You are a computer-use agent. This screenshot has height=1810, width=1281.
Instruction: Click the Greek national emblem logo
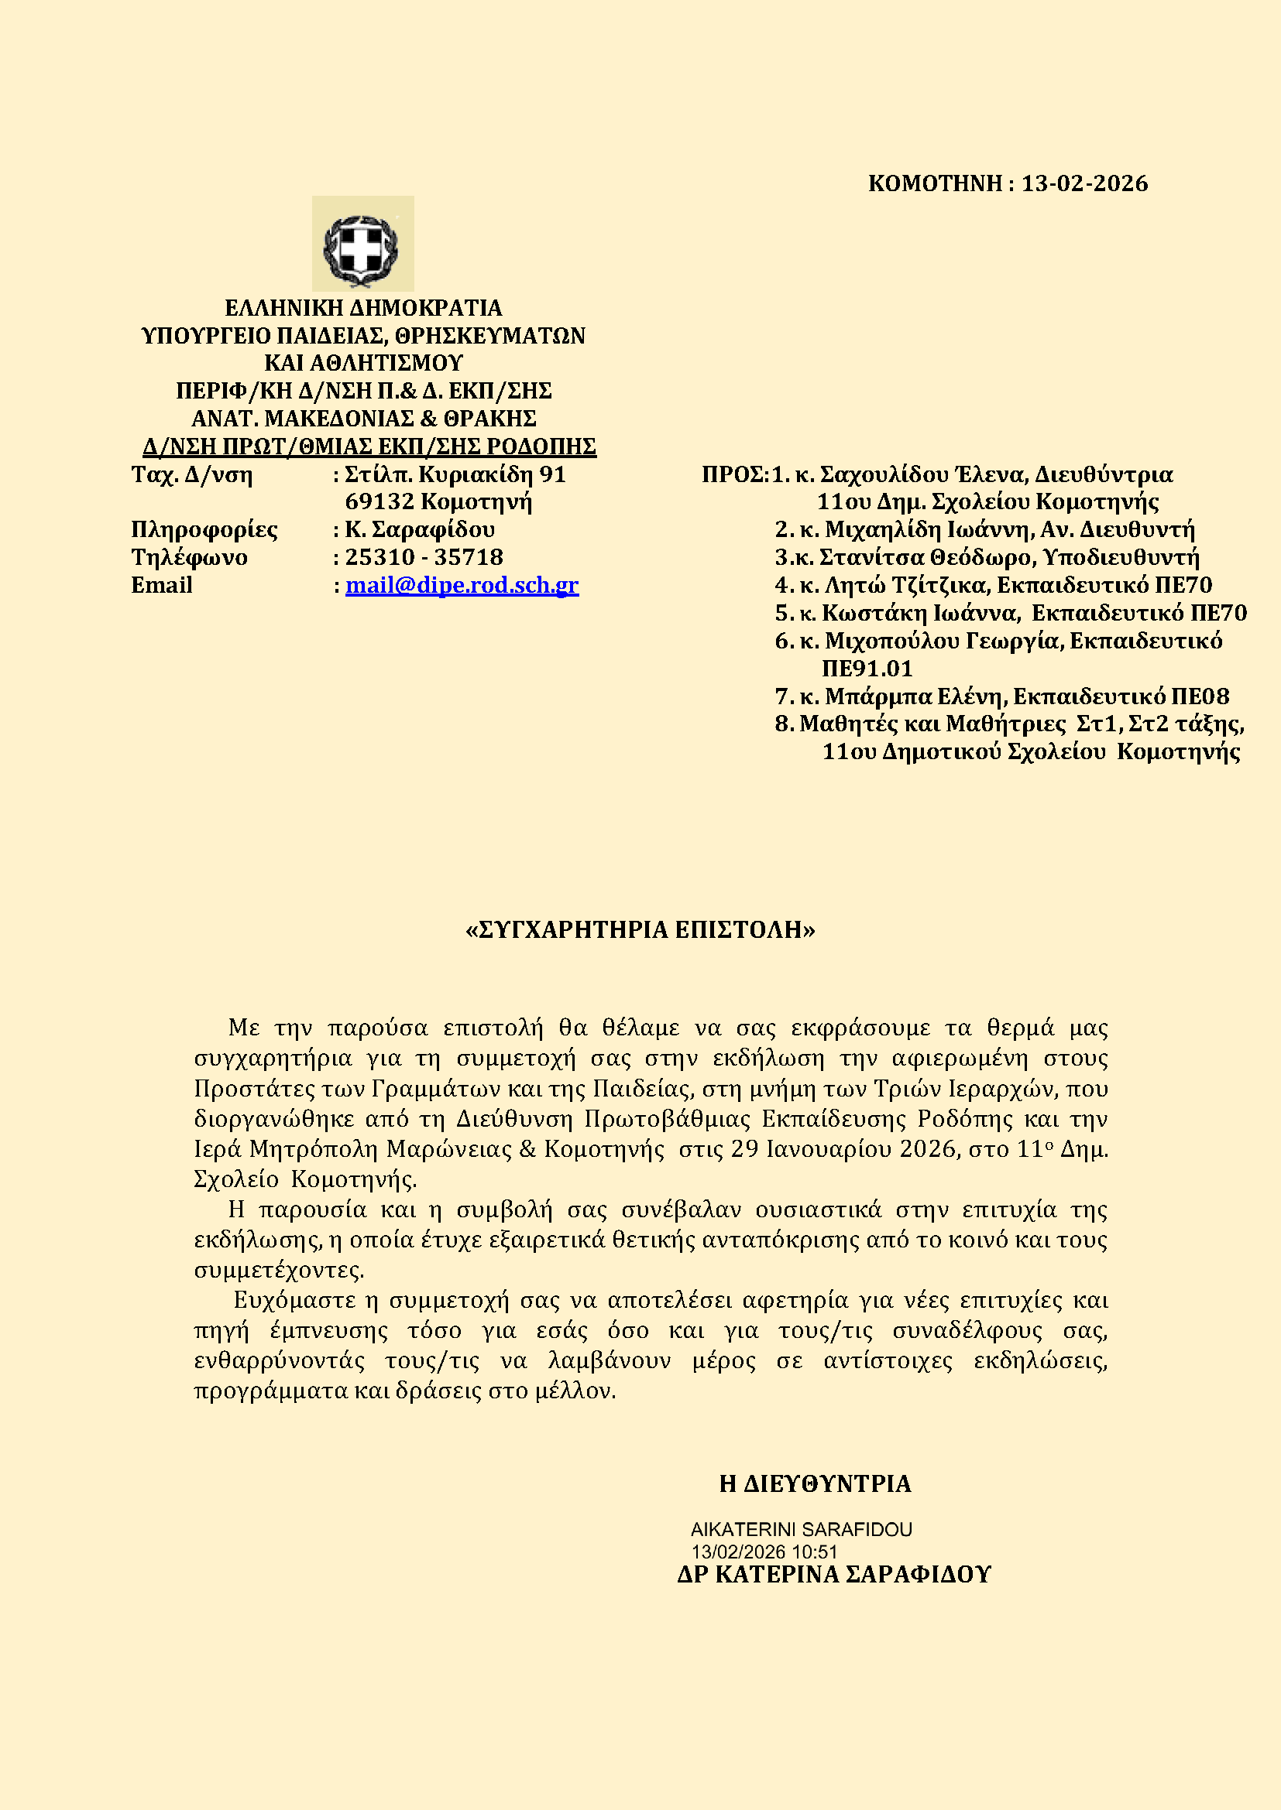click(x=362, y=245)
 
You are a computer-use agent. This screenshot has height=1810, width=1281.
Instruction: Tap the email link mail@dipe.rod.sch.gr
click(x=462, y=586)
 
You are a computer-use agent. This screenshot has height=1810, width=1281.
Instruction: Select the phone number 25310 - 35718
click(x=424, y=558)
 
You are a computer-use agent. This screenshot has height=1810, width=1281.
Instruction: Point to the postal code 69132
click(x=379, y=502)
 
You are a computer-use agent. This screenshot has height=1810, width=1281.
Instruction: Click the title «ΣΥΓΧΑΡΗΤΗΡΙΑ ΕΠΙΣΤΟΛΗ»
click(x=640, y=930)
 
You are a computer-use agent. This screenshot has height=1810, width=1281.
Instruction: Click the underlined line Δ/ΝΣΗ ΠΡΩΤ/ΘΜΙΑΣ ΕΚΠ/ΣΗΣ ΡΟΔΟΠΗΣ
click(x=369, y=447)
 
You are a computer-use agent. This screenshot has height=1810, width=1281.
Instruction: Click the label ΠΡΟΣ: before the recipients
click(x=734, y=475)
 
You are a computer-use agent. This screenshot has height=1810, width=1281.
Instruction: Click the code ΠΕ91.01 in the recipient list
click(x=867, y=669)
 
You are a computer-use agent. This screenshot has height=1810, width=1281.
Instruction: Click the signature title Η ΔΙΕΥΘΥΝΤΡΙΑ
click(x=815, y=1484)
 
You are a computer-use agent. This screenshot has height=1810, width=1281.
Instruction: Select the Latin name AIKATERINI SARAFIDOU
click(x=801, y=1530)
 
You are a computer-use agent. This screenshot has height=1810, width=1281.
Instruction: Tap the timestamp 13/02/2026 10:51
click(x=764, y=1553)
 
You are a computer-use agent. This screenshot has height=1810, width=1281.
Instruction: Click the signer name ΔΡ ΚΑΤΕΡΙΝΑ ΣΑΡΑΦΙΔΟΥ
click(x=834, y=1575)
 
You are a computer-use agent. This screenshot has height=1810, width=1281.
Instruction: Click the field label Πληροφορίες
click(x=204, y=531)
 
